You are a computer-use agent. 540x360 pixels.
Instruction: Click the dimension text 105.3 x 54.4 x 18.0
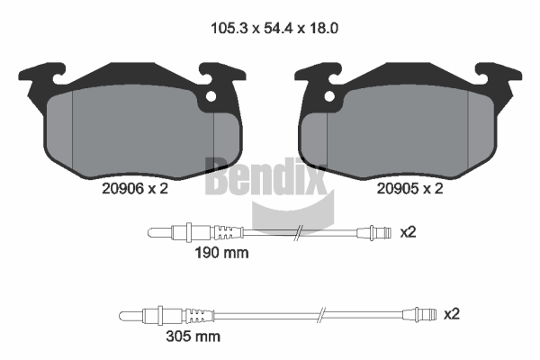tap(274, 28)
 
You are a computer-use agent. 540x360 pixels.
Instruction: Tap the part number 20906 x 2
tap(135, 188)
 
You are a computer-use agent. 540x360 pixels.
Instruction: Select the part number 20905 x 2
tap(409, 188)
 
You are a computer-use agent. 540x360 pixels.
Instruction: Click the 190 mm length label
tap(221, 253)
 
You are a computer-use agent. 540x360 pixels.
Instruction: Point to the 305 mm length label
tap(193, 337)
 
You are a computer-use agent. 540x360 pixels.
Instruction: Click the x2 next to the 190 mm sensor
tap(408, 232)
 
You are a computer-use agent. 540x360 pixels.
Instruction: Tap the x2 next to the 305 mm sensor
tap(452, 314)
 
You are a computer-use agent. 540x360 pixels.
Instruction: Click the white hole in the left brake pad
tap(211, 96)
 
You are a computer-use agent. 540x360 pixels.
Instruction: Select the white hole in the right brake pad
tap(329, 96)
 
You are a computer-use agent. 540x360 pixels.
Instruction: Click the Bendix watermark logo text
tap(265, 176)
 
